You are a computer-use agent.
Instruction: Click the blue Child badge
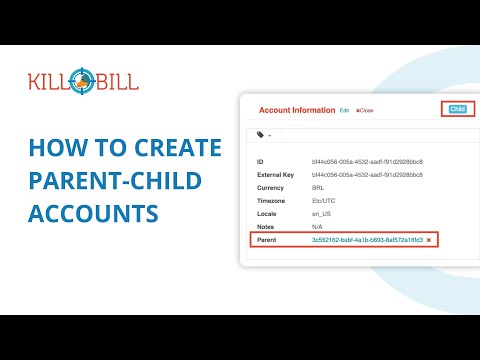(458, 108)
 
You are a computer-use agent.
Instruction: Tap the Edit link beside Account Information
(345, 110)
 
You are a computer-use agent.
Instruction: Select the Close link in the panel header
(365, 110)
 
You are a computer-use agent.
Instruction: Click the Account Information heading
(297, 110)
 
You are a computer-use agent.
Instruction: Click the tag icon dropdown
(263, 133)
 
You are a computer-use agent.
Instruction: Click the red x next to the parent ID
(429, 241)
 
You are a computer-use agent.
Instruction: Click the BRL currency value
(319, 187)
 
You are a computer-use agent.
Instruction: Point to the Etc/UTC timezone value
(324, 200)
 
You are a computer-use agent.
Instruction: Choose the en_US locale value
(322, 214)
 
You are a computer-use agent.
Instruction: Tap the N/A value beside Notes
(318, 227)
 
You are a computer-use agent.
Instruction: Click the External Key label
(279, 174)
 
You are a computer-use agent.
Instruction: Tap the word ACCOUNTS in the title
(94, 214)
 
